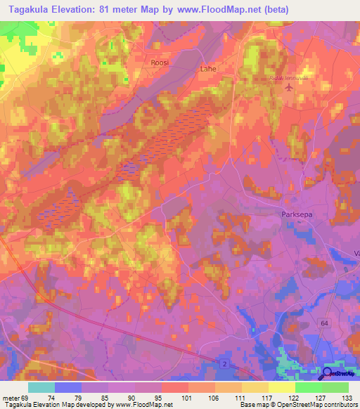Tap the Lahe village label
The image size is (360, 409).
pos(208,69)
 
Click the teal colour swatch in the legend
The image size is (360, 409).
pos(41,387)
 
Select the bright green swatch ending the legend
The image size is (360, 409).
pos(335,387)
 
